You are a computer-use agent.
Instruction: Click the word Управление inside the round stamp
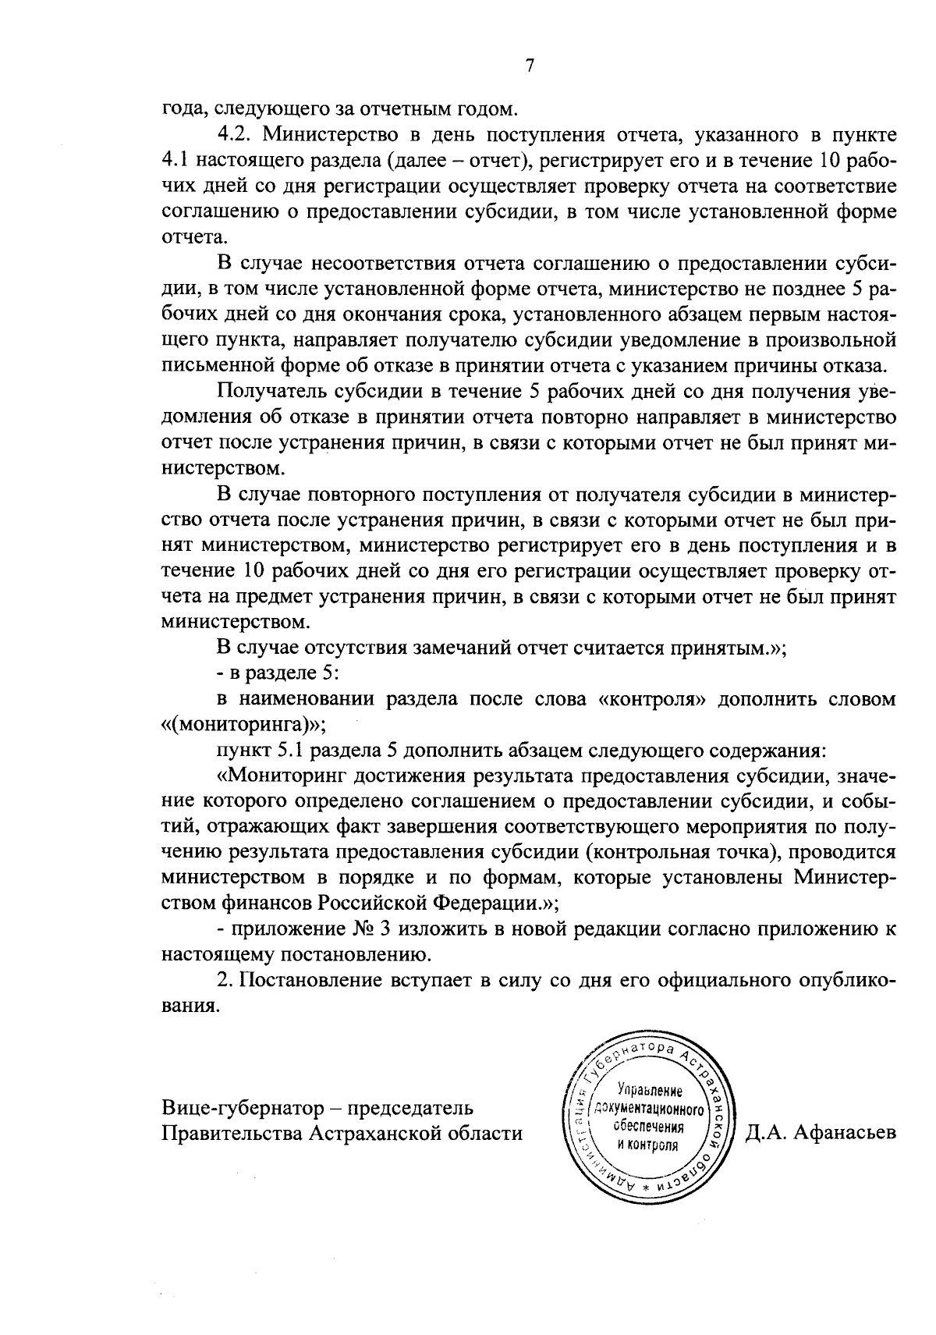tap(649, 1090)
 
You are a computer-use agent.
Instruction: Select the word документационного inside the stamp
tap(649, 1109)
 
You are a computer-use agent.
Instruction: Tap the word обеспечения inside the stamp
tap(649, 1127)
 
